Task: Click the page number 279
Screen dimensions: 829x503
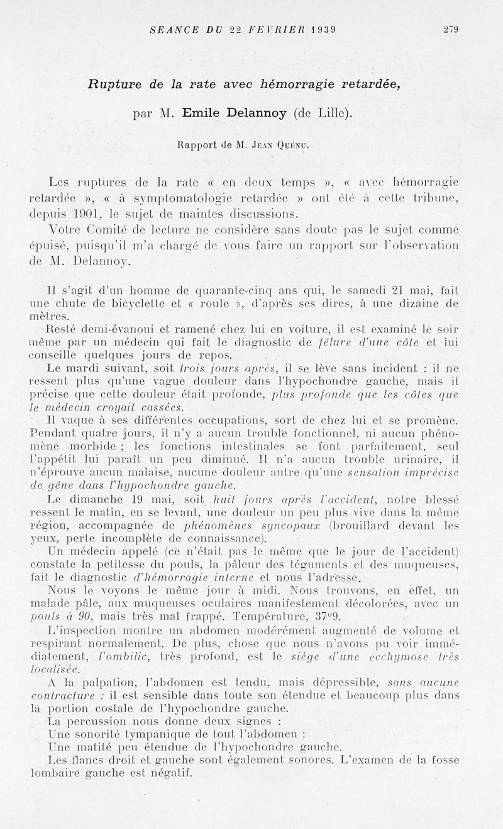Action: point(451,29)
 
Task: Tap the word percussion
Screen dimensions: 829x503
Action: point(98,721)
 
